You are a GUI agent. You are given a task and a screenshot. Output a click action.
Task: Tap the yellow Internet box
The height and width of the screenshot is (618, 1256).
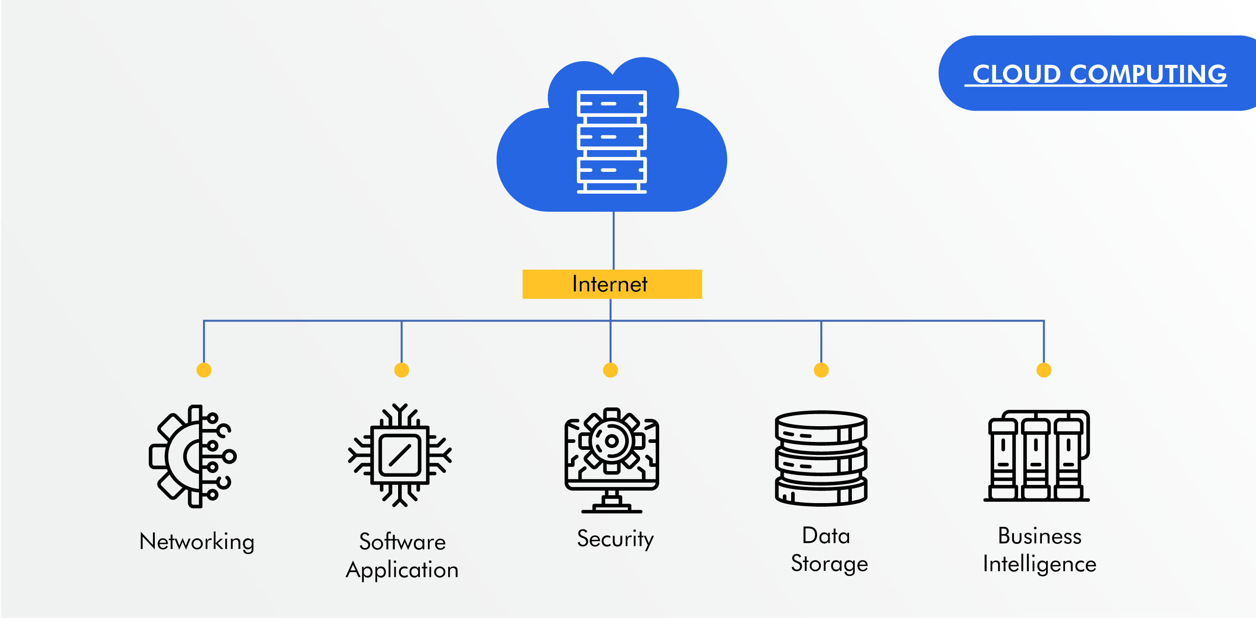tap(612, 284)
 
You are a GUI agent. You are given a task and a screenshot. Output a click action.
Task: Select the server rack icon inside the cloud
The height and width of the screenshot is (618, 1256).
tap(611, 142)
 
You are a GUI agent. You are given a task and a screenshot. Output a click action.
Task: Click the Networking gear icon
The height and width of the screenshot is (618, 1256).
tap(193, 456)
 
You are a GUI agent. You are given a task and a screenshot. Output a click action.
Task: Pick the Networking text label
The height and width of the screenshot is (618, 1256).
tap(197, 542)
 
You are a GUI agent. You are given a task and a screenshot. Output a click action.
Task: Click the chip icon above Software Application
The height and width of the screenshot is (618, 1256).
tap(400, 455)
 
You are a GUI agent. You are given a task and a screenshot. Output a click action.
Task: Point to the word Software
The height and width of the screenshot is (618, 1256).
tap(402, 542)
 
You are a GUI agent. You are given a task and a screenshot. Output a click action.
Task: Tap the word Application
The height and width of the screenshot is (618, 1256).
tap(402, 570)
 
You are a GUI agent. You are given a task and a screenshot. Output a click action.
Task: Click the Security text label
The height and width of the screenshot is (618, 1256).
tap(615, 539)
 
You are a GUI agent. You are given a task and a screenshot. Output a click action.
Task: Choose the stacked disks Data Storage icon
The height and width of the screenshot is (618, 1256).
tap(821, 458)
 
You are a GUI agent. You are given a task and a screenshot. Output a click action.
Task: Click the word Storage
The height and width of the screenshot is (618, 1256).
tap(829, 564)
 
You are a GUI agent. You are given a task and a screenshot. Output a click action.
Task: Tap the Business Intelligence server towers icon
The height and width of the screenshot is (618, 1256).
tap(1037, 456)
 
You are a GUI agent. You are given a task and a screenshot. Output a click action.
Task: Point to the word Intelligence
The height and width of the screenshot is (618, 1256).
tap(1040, 564)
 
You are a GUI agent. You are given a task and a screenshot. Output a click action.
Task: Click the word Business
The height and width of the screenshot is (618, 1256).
tap(1040, 536)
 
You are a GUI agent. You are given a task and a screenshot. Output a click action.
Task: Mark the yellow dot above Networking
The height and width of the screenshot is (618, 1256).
tap(204, 370)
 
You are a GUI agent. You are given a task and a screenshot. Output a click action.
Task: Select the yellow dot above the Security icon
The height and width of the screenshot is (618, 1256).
tap(610, 370)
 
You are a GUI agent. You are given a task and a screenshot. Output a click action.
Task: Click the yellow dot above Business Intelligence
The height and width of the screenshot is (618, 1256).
tap(1044, 370)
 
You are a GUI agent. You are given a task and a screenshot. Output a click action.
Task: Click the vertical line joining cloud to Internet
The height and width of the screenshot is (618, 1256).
tap(613, 240)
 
